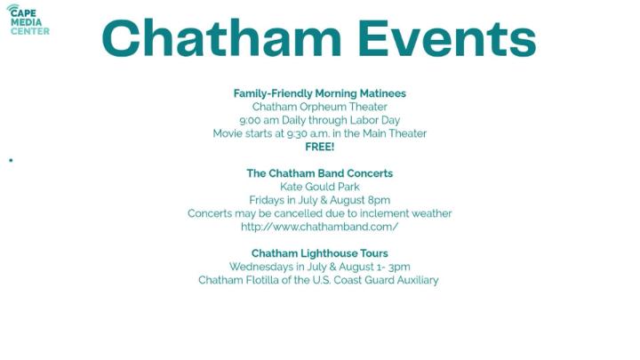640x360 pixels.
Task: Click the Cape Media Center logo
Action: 28,20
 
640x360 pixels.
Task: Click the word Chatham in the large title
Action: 221,38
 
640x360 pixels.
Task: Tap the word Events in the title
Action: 447,38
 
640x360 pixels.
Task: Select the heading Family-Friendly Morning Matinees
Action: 320,93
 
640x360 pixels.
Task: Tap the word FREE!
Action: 320,147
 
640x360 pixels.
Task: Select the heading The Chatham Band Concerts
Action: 320,173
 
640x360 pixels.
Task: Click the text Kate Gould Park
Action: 320,187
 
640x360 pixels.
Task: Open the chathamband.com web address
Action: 320,227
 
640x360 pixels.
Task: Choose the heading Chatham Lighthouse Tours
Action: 320,253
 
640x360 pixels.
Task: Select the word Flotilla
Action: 262,280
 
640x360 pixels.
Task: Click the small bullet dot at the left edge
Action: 11,160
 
